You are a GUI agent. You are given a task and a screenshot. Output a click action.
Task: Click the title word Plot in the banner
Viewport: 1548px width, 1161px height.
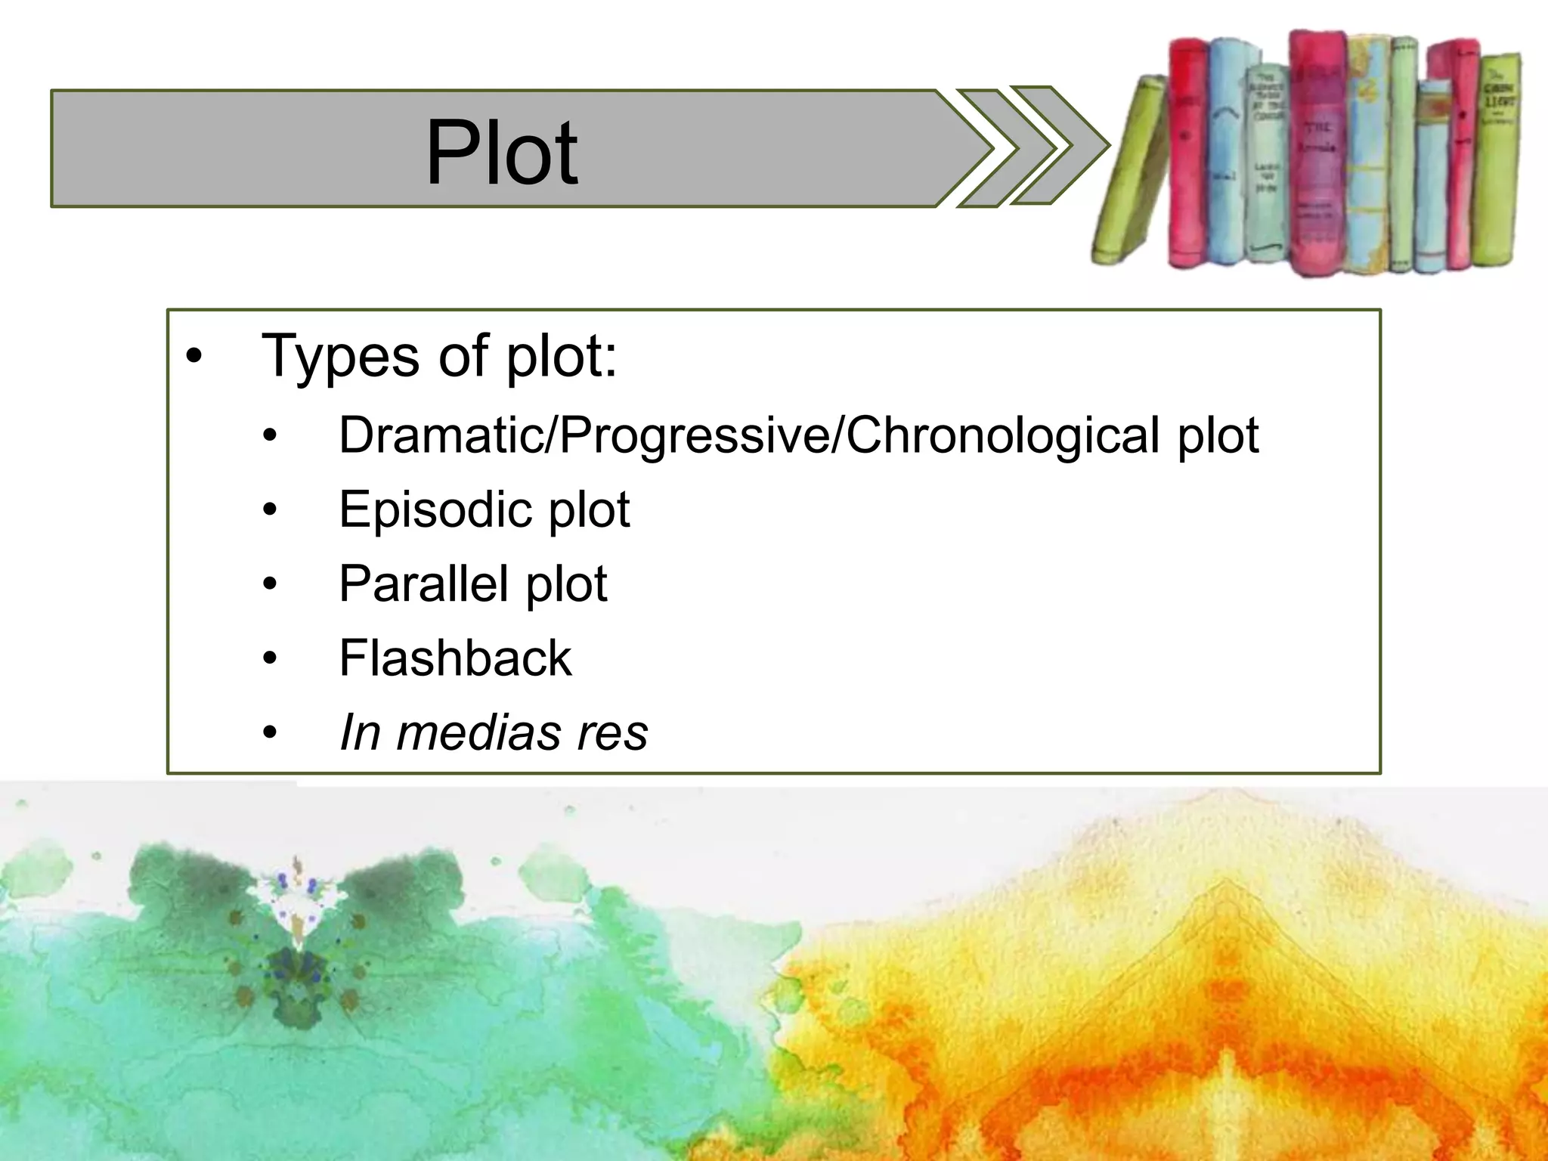502,153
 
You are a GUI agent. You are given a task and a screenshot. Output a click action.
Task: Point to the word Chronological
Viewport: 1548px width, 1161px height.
1002,437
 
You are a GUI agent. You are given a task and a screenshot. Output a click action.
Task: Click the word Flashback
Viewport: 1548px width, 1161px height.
455,658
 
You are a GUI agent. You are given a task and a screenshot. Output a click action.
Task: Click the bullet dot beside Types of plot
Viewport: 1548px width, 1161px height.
194,356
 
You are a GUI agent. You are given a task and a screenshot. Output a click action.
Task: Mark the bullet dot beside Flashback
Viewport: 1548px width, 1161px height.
270,658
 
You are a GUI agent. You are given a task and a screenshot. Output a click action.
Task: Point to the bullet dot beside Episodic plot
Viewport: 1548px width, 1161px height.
270,510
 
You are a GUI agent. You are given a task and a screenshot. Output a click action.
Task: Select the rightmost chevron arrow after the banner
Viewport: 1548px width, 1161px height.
1058,145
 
